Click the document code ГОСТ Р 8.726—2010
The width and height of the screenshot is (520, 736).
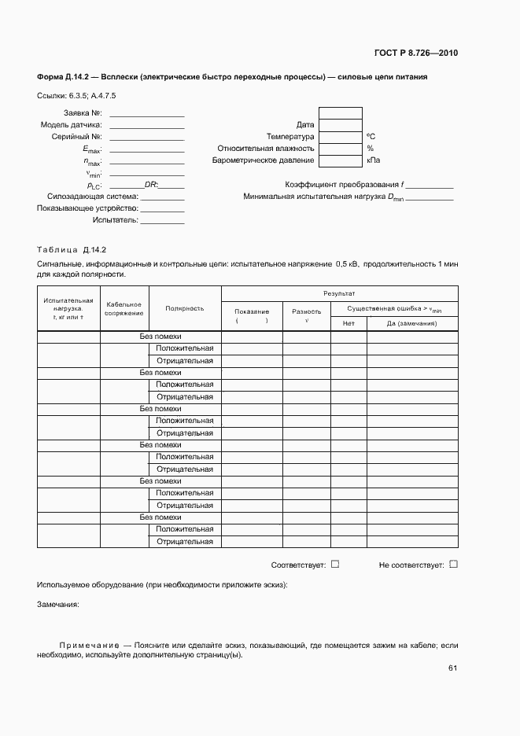pyautogui.click(x=416, y=53)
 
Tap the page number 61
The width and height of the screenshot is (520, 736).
pyautogui.click(x=452, y=668)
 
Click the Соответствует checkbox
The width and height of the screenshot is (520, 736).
pyautogui.click(x=335, y=564)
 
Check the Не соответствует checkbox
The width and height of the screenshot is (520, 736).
pyautogui.click(x=453, y=564)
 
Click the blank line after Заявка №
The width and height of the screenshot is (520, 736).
pyautogui.click(x=147, y=114)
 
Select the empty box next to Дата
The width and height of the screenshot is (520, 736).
pyautogui.click(x=341, y=124)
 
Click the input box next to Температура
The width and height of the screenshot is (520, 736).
pyautogui.click(x=341, y=136)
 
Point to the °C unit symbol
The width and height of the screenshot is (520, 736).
pyautogui.click(x=371, y=137)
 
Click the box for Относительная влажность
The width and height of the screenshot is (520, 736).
pyautogui.click(x=341, y=148)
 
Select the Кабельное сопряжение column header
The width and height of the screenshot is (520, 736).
pyautogui.click(x=124, y=309)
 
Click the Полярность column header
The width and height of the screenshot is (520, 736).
pyautogui.click(x=185, y=308)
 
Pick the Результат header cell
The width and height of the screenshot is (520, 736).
pyautogui.click(x=339, y=293)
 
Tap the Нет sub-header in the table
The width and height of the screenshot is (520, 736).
pyautogui.click(x=349, y=324)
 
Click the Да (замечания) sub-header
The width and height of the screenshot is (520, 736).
pyautogui.click(x=411, y=324)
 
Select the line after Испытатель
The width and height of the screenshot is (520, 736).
pyautogui.click(x=163, y=221)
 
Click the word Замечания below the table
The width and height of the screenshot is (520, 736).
pyautogui.click(x=58, y=605)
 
